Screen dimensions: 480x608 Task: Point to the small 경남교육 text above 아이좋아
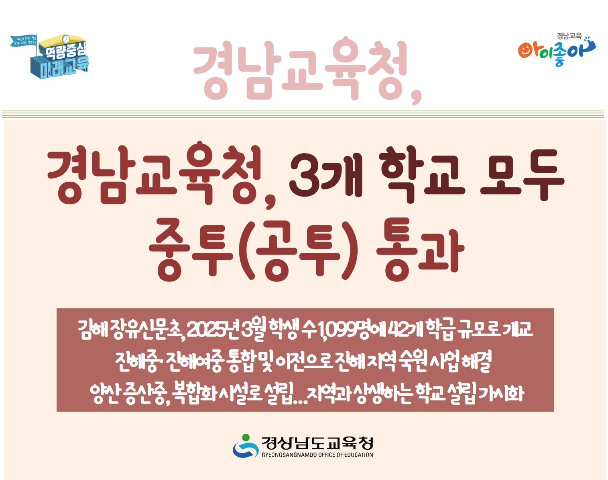569,36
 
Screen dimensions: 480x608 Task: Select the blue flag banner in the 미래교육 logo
23,41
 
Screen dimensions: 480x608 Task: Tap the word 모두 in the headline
522,175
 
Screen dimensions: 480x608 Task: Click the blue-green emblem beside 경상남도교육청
245,446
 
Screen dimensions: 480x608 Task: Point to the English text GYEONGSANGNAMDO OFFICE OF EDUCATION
317,455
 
